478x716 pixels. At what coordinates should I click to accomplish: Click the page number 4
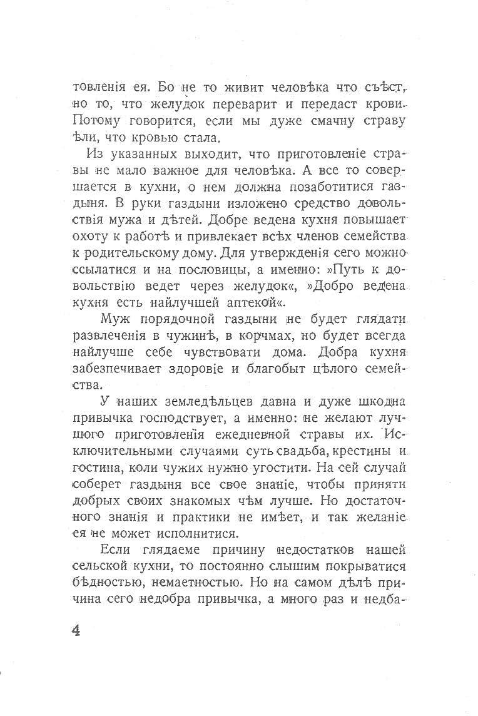tap(76, 629)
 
